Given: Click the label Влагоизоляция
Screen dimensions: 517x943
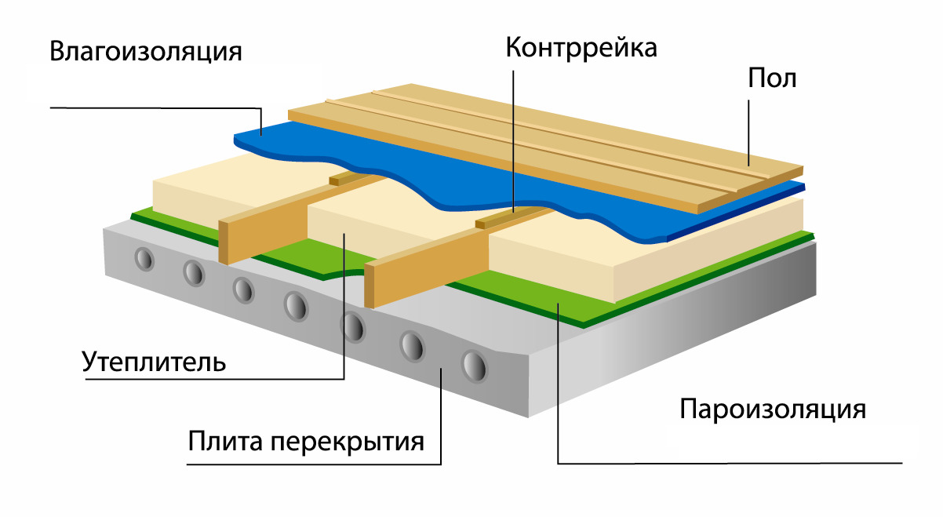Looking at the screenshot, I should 146,53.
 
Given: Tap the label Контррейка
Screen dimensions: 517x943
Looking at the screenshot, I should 581,48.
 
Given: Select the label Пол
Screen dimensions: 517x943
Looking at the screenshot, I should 772,79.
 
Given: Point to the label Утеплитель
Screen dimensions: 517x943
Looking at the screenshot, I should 154,362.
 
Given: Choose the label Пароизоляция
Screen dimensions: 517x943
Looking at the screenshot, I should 772,410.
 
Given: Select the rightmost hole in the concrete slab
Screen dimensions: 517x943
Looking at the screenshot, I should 473,366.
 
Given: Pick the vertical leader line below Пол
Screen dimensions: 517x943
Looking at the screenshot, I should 748,126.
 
